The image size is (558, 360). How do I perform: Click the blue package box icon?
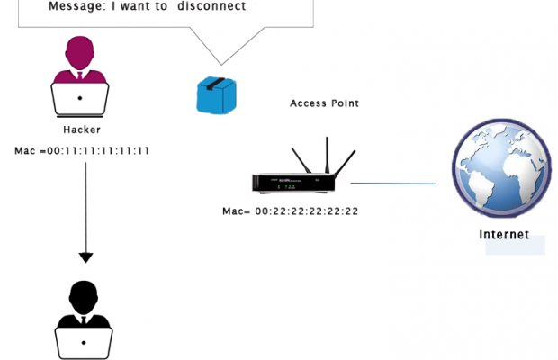tap(216, 95)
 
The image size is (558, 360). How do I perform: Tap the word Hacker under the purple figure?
tap(82, 130)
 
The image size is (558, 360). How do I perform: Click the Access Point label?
tap(324, 103)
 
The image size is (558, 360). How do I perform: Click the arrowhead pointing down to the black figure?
tap(85, 257)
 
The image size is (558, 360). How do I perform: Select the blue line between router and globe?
tap(393, 184)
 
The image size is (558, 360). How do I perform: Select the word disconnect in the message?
tap(209, 7)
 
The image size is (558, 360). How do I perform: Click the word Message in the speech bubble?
tap(54, 7)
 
